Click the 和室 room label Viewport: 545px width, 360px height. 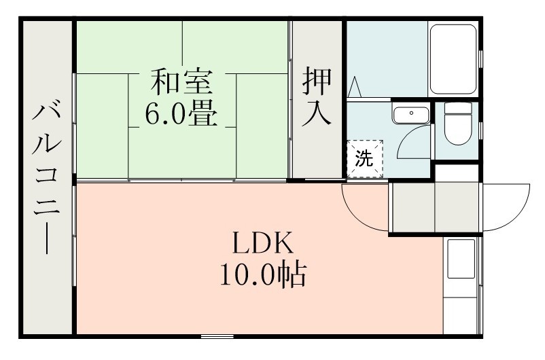(x=182, y=83)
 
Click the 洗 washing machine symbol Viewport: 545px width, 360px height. (x=365, y=160)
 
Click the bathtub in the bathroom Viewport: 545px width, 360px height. (x=454, y=59)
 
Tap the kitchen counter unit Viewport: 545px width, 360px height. (x=462, y=285)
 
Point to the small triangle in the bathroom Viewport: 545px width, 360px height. (x=354, y=88)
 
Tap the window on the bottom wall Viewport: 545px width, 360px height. (x=217, y=336)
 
